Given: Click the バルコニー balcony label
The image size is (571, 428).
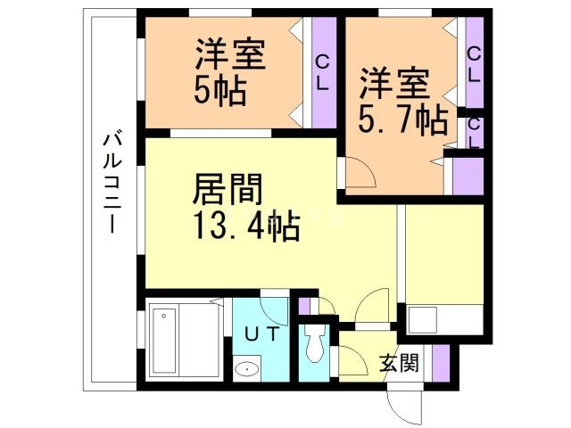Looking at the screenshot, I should tap(113, 183).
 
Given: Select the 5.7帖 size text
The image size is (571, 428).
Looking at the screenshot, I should tap(404, 119).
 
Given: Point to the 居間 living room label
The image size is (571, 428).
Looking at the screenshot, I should tap(228, 190).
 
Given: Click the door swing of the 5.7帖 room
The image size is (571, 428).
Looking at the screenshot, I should tap(358, 174).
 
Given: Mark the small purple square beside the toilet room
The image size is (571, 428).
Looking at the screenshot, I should tap(306, 306).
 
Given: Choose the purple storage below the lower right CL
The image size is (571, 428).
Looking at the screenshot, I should tap(468, 176).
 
